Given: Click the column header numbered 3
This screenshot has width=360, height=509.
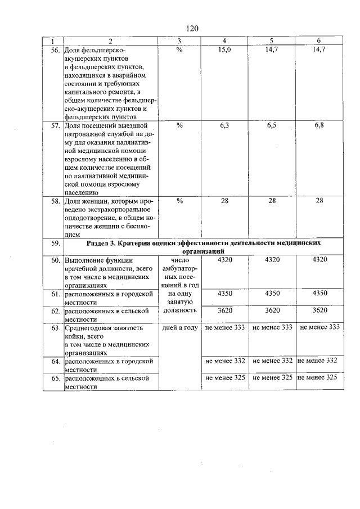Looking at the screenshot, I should click(179, 41).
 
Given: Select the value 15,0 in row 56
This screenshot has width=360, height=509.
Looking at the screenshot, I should click(224, 49).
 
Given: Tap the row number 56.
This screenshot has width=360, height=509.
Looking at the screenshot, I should click(55, 49).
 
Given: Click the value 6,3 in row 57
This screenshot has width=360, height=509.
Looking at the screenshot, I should click(224, 125).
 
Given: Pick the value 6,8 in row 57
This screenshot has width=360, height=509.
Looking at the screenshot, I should click(319, 125).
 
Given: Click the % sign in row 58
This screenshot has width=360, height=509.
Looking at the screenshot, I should click(179, 201).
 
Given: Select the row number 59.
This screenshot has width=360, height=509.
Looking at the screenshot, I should click(55, 244).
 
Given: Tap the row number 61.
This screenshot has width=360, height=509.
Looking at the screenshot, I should click(55, 294).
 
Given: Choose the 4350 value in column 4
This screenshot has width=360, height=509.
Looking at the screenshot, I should click(224, 294).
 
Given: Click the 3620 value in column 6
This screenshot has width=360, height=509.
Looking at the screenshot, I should click(319, 310).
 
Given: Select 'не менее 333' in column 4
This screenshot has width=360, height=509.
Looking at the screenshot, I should click(224, 327).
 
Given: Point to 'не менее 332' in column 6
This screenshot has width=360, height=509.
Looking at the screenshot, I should click(317, 361).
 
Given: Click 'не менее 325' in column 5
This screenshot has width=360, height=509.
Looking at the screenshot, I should click(272, 377).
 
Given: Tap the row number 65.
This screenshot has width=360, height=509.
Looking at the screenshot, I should click(55, 378).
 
